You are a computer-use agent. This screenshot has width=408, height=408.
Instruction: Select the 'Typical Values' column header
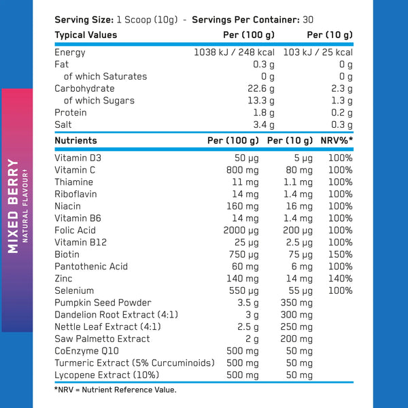coord(86,35)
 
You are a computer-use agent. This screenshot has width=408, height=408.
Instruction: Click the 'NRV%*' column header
coord(337,141)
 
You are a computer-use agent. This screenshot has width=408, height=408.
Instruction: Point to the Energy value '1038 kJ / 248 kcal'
coord(235,52)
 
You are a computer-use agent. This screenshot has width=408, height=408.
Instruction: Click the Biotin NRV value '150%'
coord(340,254)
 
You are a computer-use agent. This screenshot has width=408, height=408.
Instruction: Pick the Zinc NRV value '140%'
coord(340,279)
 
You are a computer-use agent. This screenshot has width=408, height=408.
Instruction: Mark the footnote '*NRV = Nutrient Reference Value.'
coord(115,390)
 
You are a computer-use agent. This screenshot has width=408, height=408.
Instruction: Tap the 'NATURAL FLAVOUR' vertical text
coord(25,206)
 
